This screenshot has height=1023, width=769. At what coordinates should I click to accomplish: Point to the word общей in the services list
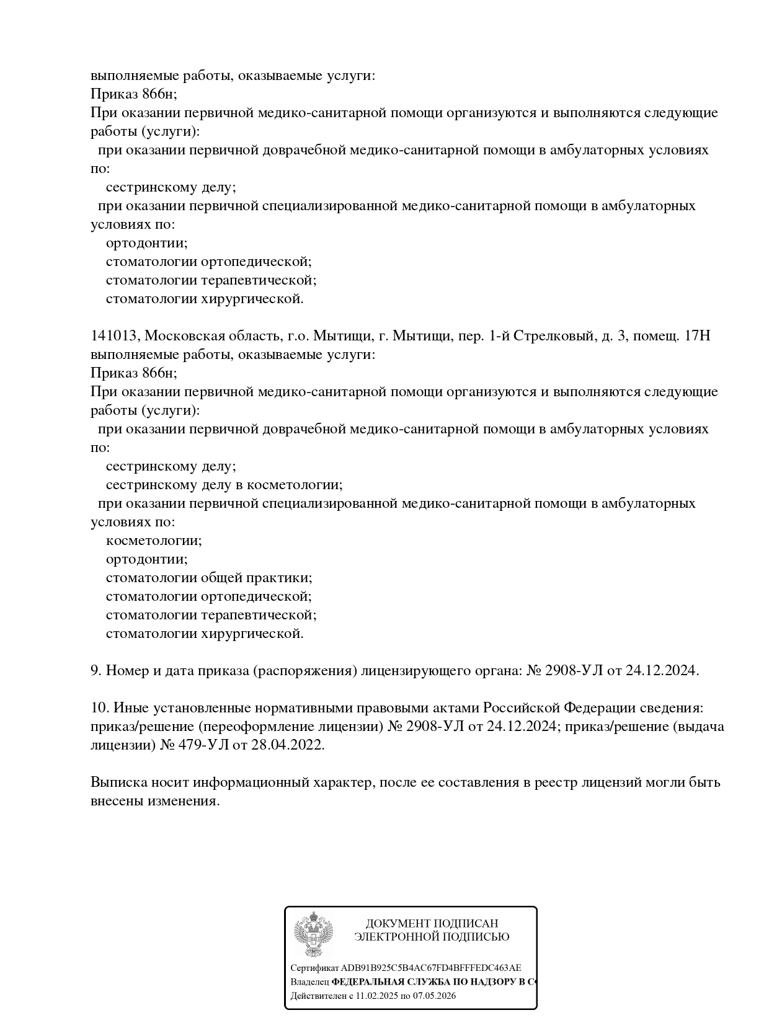pyautogui.click(x=220, y=578)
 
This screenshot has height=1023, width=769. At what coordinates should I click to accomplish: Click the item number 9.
pyautogui.click(x=96, y=671)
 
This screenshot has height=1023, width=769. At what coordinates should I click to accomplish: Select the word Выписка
pyautogui.click(x=118, y=782)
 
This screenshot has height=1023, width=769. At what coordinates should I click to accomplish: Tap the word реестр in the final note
pyautogui.click(x=554, y=782)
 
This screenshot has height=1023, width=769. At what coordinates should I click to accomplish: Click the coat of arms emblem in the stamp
pyautogui.click(x=313, y=934)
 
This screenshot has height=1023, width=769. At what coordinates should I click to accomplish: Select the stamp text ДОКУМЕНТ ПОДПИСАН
pyautogui.click(x=432, y=924)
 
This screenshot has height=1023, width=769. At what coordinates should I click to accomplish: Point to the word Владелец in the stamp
pyautogui.click(x=310, y=982)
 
